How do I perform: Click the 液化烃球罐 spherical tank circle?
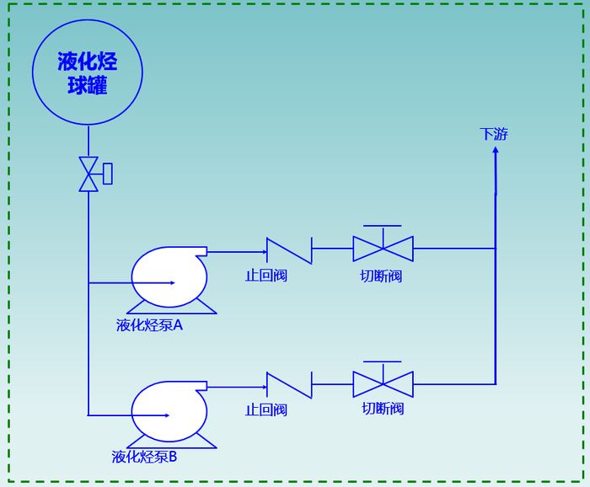(88, 72)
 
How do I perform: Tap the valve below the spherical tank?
(88, 174)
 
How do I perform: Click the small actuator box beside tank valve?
(108, 174)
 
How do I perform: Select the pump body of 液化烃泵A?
(169, 277)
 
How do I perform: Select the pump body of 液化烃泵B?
(169, 411)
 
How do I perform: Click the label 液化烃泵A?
(149, 325)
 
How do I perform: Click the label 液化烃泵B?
(144, 457)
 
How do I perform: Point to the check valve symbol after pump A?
(289, 250)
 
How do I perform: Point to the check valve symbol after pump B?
(289, 385)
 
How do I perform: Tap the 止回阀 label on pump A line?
(265, 276)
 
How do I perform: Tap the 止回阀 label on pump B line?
(265, 410)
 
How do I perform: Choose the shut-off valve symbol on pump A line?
(383, 249)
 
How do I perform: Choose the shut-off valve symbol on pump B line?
(383, 384)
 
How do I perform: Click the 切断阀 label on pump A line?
(381, 276)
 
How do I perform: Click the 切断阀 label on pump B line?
(383, 409)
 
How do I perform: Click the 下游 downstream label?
(494, 134)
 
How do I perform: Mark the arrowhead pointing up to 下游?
(496, 150)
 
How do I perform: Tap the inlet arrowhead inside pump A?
(172, 283)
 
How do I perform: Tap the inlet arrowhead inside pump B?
(167, 415)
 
